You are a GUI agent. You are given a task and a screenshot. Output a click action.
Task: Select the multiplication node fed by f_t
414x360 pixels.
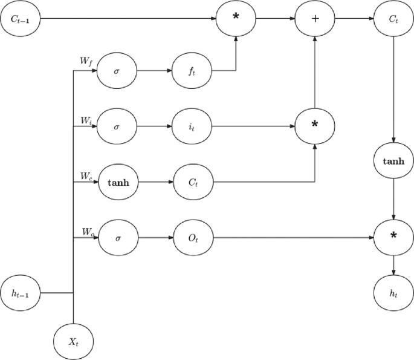[236, 19]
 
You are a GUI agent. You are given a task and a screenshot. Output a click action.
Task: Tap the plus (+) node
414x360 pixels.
[314, 19]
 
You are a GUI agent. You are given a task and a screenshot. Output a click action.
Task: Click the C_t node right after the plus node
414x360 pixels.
[394, 19]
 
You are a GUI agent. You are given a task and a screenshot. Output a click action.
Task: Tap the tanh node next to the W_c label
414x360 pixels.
[118, 181]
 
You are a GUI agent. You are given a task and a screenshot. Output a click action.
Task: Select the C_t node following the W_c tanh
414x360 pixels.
[193, 181]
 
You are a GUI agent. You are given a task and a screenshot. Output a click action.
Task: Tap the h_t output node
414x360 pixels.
[394, 293]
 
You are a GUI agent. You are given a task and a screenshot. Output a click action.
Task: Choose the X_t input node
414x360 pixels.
[73, 341]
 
